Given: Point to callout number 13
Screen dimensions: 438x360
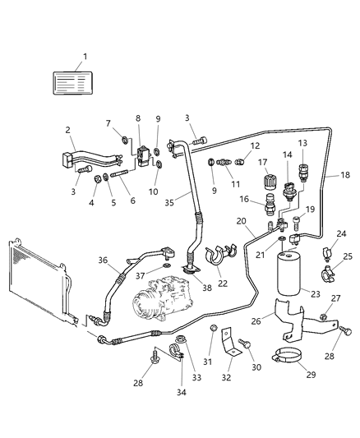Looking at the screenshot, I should tap(302, 144).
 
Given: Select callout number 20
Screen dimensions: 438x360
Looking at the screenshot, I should tap(242, 221).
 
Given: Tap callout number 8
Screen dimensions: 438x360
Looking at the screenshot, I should tap(138, 118).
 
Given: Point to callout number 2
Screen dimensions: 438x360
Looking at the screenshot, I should tap(67, 130).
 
